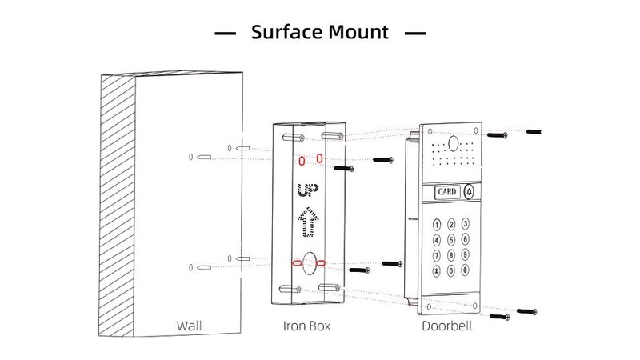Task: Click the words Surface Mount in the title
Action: [x=319, y=33]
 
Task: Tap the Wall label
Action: [x=190, y=326]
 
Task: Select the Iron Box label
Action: [x=306, y=326]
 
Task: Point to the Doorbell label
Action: [x=446, y=326]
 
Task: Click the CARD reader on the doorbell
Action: [x=447, y=193]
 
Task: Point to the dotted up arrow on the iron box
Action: [x=306, y=222]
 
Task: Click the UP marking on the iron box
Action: [x=306, y=190]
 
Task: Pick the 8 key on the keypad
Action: [x=450, y=256]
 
